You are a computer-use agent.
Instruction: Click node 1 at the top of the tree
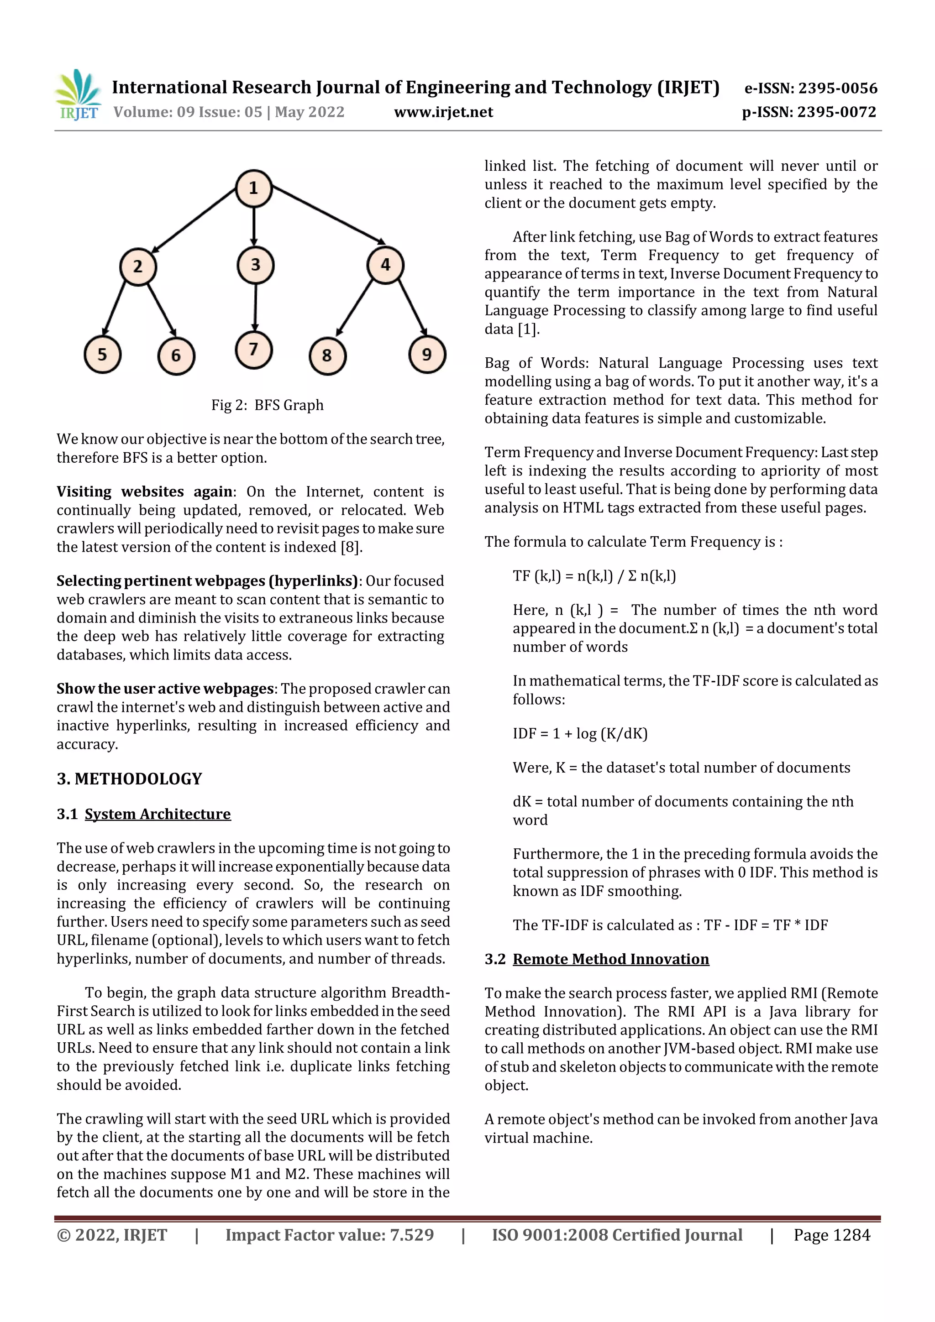253,188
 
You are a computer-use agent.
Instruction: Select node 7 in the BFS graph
253,350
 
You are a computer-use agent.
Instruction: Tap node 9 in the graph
427,355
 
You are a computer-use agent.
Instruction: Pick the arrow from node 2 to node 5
114,308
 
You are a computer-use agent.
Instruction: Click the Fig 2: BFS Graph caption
268,405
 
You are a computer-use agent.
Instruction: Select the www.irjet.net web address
443,112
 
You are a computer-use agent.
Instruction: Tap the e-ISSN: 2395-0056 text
810,88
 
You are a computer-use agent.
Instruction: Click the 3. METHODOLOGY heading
130,779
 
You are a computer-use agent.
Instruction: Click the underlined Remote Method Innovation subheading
611,959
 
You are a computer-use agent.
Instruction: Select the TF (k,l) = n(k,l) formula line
594,576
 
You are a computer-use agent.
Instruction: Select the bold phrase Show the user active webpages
165,689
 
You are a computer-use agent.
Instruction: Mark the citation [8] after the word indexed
350,547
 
